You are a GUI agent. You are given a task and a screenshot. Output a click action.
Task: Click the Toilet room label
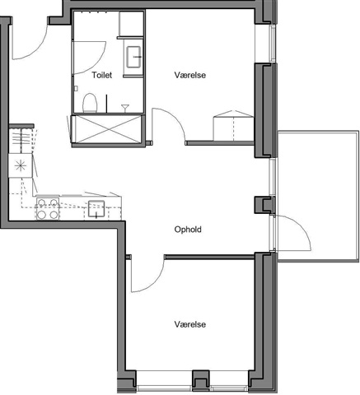[x=102, y=75]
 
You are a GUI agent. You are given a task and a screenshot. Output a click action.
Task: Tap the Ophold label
[x=188, y=230]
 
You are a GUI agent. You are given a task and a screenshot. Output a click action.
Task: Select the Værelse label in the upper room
[x=190, y=75]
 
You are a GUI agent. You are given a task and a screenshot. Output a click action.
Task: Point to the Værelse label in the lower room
[x=190, y=324]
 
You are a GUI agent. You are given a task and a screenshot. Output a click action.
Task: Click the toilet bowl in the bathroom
[x=90, y=103]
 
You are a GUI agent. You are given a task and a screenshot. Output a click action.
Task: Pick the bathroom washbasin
[x=133, y=57]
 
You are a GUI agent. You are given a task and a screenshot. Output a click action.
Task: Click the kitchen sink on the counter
[x=96, y=209]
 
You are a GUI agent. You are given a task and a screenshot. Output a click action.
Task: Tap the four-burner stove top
[x=48, y=208]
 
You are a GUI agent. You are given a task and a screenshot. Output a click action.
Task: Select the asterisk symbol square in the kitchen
[x=21, y=165]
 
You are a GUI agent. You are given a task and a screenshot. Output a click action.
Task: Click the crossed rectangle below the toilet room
[x=108, y=129]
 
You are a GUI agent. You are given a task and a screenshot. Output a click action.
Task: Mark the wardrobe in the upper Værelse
[x=233, y=126]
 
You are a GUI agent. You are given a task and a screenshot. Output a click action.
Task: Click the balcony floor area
[x=319, y=197]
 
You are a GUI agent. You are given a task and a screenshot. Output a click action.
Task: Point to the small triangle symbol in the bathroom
[x=125, y=108]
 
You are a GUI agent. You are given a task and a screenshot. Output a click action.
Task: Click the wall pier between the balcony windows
[x=264, y=205]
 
